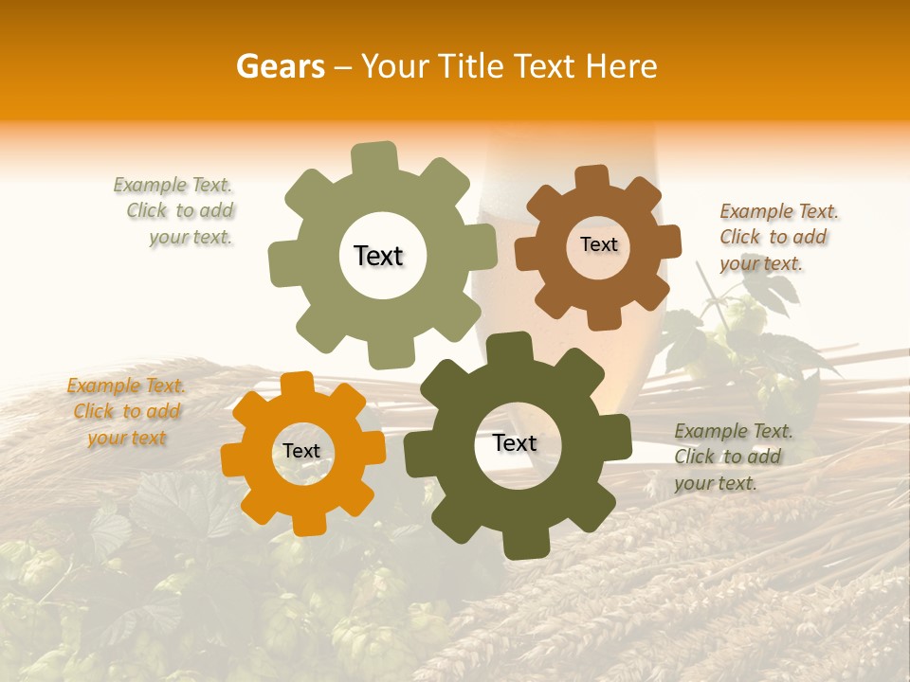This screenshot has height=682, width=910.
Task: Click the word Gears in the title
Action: pyautogui.click(x=280, y=66)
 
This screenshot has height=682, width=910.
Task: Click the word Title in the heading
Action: pyautogui.click(x=472, y=66)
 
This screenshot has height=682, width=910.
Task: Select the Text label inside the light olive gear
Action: pyautogui.click(x=378, y=256)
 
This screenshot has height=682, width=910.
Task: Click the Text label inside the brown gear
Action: pyautogui.click(x=598, y=244)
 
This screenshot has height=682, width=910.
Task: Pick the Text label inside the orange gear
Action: pyautogui.click(x=301, y=451)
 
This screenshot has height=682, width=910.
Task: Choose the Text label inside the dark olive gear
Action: pyautogui.click(x=515, y=442)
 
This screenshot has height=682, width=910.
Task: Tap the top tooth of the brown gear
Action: pyautogui.click(x=591, y=178)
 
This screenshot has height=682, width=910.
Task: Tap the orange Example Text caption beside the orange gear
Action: pyautogui.click(x=126, y=411)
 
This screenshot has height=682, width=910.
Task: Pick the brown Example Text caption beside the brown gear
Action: pyautogui.click(x=777, y=237)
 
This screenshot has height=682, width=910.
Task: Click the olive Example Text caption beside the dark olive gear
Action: pyautogui.click(x=732, y=457)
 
